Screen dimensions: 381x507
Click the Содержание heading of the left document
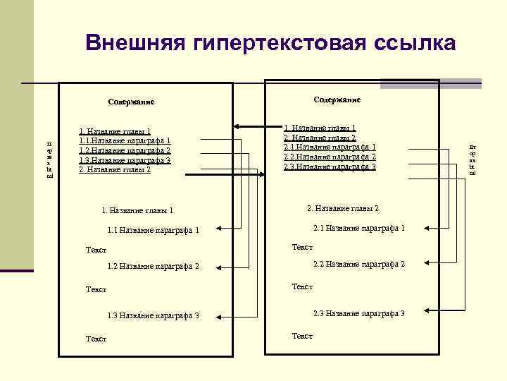click(131, 102)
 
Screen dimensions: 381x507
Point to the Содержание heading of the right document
click(337, 100)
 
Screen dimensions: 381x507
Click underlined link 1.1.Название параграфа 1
click(125, 141)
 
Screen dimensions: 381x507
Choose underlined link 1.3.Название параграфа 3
click(125, 160)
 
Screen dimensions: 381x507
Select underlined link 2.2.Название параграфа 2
click(330, 157)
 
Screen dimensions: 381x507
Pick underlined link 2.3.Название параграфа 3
click(330, 167)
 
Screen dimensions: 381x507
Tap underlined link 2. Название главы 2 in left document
click(115, 170)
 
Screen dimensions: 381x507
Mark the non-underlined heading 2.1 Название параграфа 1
click(358, 228)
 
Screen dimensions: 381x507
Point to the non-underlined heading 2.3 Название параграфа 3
click(358, 313)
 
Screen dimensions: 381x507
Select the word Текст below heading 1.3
click(96, 339)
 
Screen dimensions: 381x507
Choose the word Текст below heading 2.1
click(302, 248)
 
